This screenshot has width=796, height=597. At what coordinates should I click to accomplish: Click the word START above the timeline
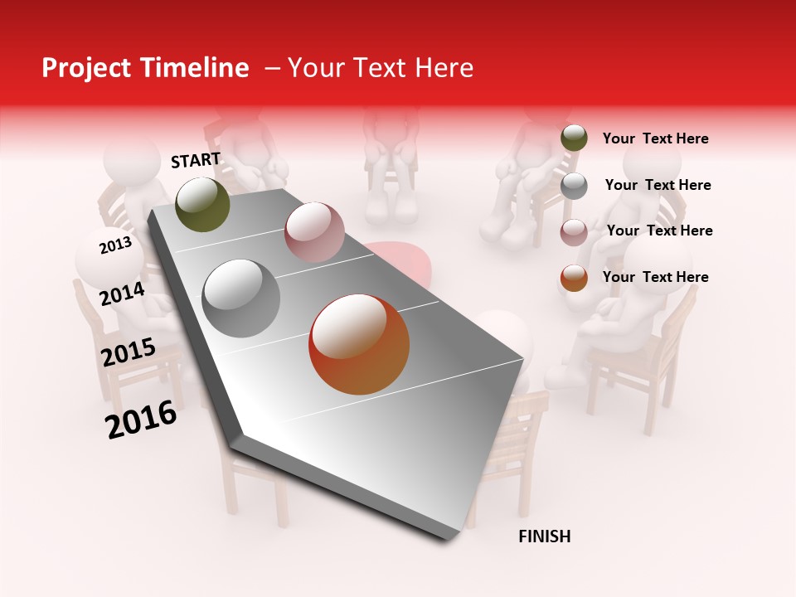click(196, 160)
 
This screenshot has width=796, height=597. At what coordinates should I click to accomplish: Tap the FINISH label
click(545, 536)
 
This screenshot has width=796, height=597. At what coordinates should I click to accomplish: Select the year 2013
click(115, 245)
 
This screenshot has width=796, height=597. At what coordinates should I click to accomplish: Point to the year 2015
click(129, 352)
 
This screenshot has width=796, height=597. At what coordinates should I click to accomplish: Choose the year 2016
click(141, 419)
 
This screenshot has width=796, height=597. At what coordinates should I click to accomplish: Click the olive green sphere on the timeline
click(202, 204)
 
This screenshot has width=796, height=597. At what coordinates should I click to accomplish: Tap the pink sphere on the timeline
click(314, 232)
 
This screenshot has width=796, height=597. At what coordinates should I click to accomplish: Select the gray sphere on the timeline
click(241, 298)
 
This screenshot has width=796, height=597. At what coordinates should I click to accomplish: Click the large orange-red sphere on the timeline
click(359, 344)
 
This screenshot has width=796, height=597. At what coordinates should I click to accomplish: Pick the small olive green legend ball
click(574, 138)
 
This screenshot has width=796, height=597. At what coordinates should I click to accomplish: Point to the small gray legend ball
click(574, 186)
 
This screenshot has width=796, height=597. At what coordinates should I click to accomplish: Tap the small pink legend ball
click(574, 231)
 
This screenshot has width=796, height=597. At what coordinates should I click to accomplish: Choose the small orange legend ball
click(574, 278)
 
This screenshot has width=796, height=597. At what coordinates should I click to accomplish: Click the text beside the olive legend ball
click(655, 138)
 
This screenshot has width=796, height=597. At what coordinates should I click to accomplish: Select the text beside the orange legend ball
click(655, 277)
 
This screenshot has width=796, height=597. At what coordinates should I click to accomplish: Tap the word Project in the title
click(82, 68)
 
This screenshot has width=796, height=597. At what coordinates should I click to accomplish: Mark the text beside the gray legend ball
click(658, 185)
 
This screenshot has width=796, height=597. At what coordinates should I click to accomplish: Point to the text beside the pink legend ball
click(659, 231)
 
